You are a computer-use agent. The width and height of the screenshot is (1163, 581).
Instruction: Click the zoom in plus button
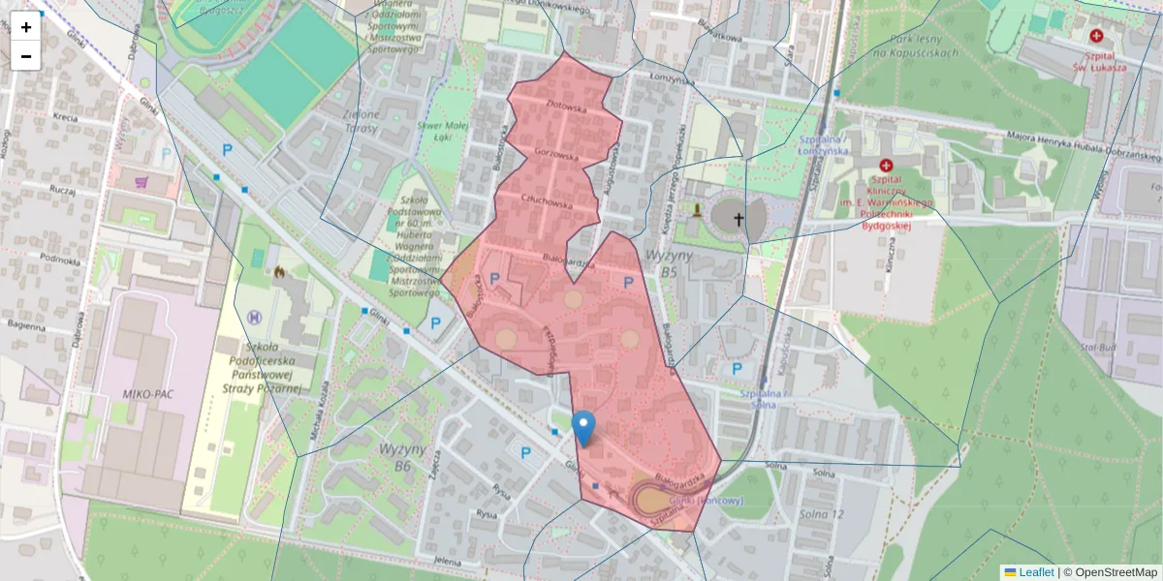(x=26, y=27)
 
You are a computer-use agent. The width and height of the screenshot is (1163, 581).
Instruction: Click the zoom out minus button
(x=26, y=56)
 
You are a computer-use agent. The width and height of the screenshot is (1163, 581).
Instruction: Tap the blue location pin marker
(x=583, y=427)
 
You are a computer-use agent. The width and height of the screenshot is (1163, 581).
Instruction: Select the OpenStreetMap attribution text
(x=1109, y=572)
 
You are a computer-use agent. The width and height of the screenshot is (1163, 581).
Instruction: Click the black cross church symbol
(x=738, y=219)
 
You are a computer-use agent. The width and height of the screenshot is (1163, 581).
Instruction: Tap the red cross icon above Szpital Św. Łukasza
(x=1096, y=36)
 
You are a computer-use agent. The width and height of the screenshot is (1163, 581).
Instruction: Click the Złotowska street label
(x=567, y=109)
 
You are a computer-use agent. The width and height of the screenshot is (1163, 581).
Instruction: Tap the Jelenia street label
(x=447, y=561)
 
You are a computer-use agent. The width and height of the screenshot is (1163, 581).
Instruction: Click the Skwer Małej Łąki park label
(x=442, y=132)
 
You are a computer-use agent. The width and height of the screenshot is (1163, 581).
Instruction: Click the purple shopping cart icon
(x=141, y=181)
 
